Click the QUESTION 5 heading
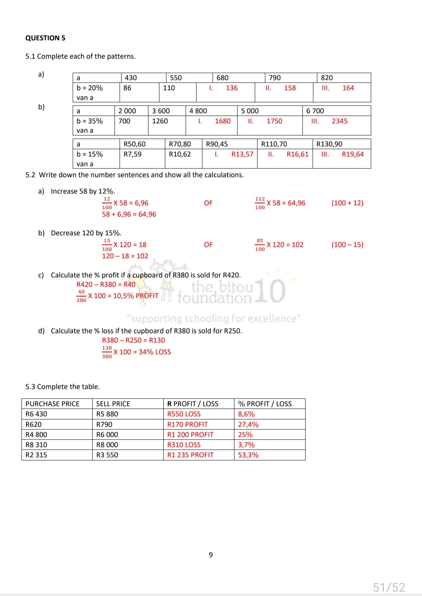point(45,38)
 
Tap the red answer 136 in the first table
point(232,88)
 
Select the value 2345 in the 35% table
point(340,121)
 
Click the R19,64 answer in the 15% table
point(352,154)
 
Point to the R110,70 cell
point(274,144)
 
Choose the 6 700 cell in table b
point(315,111)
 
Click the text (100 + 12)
point(347,203)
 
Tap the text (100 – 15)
point(347,245)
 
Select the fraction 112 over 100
point(260,203)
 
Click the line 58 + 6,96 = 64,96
point(129,215)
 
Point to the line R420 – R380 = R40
point(106,285)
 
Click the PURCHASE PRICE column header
point(52,404)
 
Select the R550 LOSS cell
point(184,414)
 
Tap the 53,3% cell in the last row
point(248,455)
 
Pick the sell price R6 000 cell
point(107,435)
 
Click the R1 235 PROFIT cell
point(190,455)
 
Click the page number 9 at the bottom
point(211,555)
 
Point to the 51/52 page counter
point(389,587)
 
